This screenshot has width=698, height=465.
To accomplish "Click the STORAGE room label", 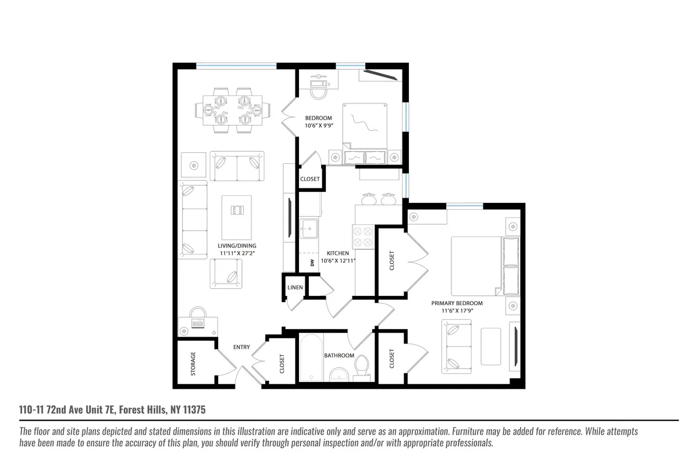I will pos(193,363).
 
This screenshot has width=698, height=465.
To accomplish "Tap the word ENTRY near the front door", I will pos(241,347).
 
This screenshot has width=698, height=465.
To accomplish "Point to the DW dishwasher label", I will pos(312,263).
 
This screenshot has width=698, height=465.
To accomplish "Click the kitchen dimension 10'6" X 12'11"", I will pos(337,261).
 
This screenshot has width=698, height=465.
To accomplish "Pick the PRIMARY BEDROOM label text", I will pos(457,303).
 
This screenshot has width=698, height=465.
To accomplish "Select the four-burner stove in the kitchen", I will pos(363,236).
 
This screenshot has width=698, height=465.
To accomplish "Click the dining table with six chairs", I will pos(232,110).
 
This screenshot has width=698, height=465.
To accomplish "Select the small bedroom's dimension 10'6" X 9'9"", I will pos(318,125).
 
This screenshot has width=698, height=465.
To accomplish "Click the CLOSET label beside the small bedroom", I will pos(309,179).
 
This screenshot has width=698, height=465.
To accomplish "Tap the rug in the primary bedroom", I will pos(491,346).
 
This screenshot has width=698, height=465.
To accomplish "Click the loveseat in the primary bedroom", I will pos(460,346).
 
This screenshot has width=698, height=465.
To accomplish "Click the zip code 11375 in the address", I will pos(193,410).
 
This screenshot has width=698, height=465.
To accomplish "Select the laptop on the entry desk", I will pos(198,323).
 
